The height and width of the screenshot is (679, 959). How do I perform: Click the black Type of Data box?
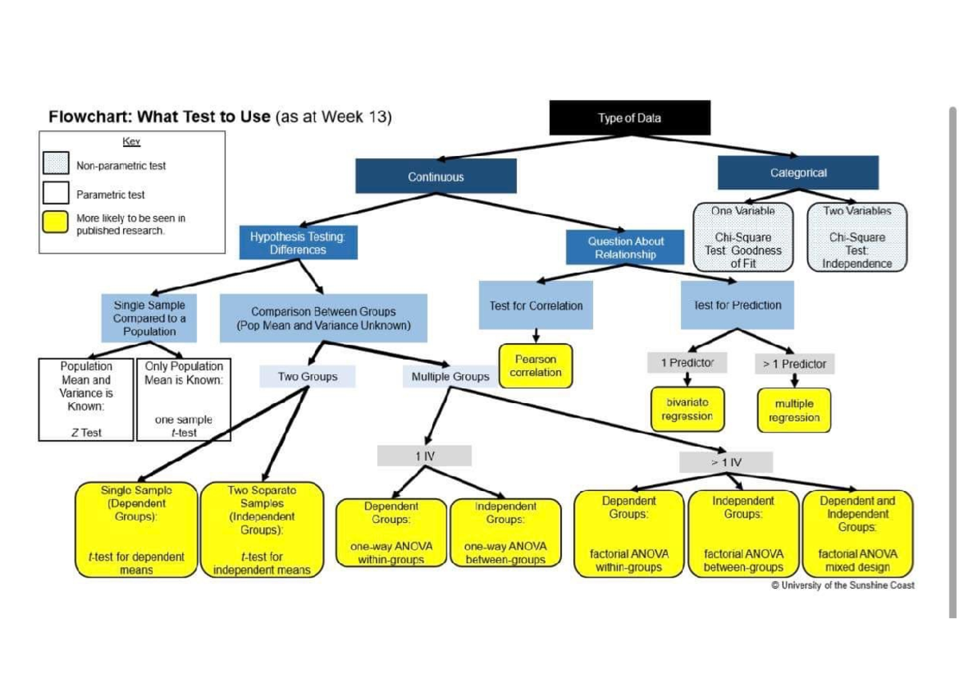(x=630, y=118)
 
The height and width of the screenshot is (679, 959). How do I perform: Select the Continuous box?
(x=436, y=177)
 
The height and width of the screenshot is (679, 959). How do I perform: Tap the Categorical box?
(x=798, y=173)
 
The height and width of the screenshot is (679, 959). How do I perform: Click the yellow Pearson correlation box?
(x=535, y=366)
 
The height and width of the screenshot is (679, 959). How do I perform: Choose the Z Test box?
(x=86, y=400)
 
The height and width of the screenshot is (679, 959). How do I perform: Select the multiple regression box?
(x=794, y=410)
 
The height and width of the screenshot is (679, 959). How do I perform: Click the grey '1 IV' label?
(x=424, y=456)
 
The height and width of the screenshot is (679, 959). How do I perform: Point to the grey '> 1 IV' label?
(x=726, y=461)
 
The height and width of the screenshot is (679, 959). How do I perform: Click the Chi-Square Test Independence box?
(x=857, y=237)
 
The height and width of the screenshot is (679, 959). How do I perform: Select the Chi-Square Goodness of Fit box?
(x=743, y=237)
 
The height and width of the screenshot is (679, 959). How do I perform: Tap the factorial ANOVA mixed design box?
(x=858, y=533)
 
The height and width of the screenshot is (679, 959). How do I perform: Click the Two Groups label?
(x=307, y=377)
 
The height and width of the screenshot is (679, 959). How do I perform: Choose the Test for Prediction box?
(x=737, y=305)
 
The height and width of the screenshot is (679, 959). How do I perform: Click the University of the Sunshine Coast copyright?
(x=842, y=585)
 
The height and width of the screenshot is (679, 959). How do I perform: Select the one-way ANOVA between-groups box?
(x=505, y=532)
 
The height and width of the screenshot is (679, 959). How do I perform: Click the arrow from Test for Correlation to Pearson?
(x=536, y=336)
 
